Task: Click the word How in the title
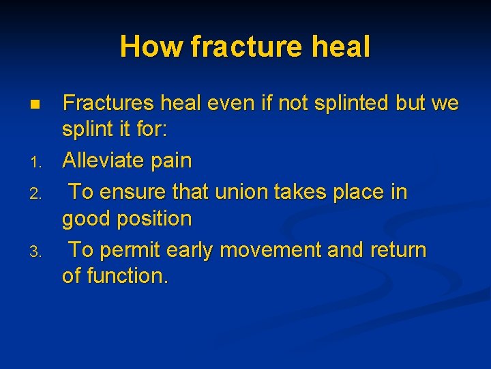click(152, 47)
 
